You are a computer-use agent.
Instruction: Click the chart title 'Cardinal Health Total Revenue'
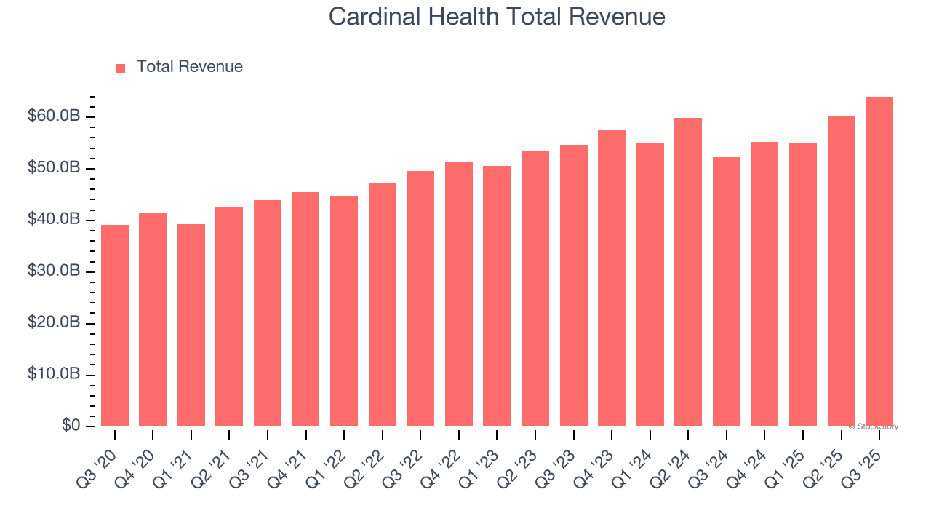[x=497, y=16]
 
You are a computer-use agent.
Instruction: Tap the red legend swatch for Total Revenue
[x=121, y=68]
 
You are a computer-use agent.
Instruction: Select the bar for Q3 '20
[x=115, y=325]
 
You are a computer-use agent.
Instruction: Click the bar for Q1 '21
[x=191, y=325]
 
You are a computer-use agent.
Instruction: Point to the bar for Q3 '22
[x=420, y=298]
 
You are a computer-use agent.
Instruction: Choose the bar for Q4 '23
[x=612, y=278]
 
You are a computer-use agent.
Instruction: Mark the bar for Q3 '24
[x=726, y=292]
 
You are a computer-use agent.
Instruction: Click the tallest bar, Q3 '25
[x=879, y=261]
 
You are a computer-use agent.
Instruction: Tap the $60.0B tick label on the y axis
[x=54, y=116]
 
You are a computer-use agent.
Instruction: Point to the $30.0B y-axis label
[x=54, y=271]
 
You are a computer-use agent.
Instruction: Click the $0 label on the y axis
[x=71, y=426]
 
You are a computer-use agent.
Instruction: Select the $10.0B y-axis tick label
[x=54, y=374]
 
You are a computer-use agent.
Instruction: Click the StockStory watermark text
[x=873, y=426]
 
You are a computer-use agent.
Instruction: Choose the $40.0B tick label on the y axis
[x=54, y=219]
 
